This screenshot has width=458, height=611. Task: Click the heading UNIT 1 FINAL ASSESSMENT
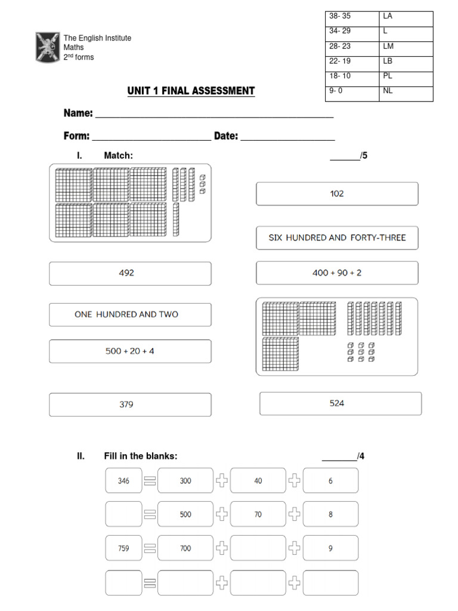[x=191, y=91]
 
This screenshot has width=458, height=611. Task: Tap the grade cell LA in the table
[x=406, y=17]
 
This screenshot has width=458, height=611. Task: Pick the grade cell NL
[x=406, y=91]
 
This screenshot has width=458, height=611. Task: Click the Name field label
[x=78, y=113]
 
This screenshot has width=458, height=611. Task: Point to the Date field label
[x=226, y=136]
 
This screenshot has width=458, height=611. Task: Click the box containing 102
[x=337, y=194]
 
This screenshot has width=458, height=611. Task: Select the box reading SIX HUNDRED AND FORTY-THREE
[x=337, y=237]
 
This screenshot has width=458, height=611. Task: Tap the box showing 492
[x=130, y=273]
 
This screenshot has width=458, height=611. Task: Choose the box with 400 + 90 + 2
[x=337, y=273]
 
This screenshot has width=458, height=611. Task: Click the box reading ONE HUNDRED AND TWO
[x=130, y=314]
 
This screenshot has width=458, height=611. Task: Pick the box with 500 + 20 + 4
[x=130, y=351]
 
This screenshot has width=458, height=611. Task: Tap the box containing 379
[x=130, y=405]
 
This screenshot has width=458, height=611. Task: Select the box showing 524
[x=340, y=403]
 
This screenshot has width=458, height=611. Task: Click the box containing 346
[x=123, y=480]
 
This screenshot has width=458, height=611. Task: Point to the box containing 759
[x=123, y=548]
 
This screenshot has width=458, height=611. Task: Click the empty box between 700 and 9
[x=258, y=548]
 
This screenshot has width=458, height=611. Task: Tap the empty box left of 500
[x=123, y=514]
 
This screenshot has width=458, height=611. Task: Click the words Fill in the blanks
[x=141, y=456]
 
